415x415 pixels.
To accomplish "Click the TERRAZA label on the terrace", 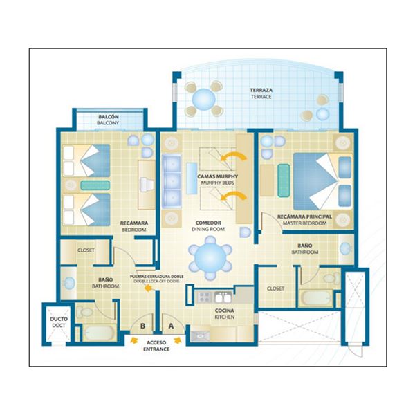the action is tap(261, 90).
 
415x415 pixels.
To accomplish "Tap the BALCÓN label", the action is tap(109, 117).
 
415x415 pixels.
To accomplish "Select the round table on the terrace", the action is tap(203, 99).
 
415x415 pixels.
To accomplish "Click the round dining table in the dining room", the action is tap(210, 257).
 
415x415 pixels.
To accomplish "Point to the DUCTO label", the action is tap(59, 319).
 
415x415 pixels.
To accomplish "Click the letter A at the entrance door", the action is tap(171, 326).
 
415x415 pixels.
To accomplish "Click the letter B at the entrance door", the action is tap(142, 326).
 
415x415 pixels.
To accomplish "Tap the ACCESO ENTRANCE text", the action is tap(156, 346).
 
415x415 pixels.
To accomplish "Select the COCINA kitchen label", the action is tap(224, 311).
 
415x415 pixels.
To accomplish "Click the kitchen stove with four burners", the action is tap(205, 297).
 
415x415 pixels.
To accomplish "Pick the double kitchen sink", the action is tap(223, 297).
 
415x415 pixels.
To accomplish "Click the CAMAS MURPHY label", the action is tap(218, 176).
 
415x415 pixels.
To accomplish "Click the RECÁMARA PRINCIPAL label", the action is tap(304, 216).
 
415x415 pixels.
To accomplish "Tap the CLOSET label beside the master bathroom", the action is tap(275, 288).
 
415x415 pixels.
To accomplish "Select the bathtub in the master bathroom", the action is tap(316, 298).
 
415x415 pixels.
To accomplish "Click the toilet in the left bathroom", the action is tap(84, 312).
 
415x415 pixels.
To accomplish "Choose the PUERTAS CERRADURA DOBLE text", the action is tap(157, 277).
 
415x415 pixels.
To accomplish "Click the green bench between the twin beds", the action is tap(95, 185).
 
